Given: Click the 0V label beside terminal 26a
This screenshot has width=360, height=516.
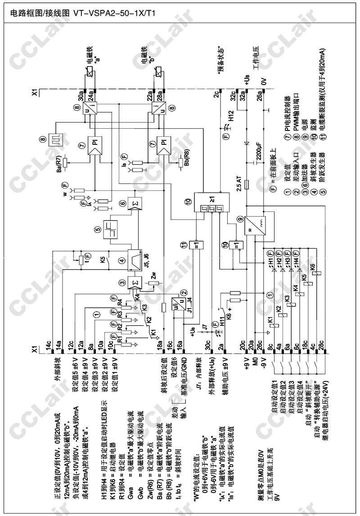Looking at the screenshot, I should coord(264,81).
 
